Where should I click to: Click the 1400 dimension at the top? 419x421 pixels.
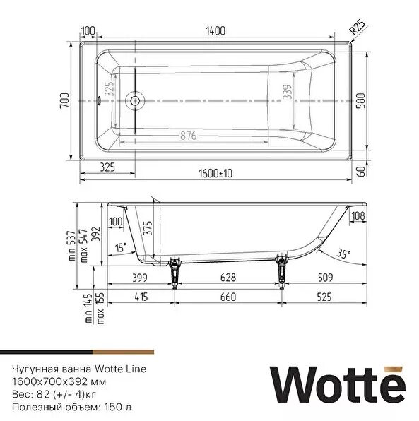216,30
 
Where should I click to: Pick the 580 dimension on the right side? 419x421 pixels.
360,102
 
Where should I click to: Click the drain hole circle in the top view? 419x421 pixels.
134,102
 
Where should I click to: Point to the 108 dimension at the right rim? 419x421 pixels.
358,215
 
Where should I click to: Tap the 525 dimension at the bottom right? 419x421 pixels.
324,297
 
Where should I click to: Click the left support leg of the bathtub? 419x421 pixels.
175,271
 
